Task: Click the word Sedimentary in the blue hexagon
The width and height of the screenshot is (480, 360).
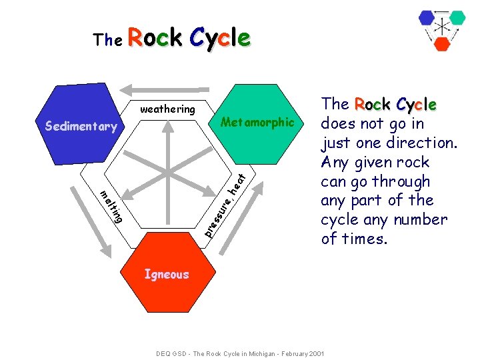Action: [x=80, y=126]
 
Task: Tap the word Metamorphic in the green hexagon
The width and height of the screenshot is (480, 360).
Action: [x=257, y=122]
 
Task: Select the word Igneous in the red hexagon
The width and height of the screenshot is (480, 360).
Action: [x=167, y=274]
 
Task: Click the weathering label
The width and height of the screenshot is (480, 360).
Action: [x=167, y=109]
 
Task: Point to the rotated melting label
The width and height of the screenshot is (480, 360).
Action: [x=111, y=206]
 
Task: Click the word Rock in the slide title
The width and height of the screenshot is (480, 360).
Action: [x=156, y=39]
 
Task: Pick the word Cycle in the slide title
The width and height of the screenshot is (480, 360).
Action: [x=220, y=39]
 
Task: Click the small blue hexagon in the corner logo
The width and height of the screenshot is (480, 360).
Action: [x=427, y=17]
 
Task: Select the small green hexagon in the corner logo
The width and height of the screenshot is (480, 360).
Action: [x=457, y=17]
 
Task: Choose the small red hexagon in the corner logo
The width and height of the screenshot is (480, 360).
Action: [x=442, y=43]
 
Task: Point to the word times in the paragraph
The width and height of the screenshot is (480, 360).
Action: [x=363, y=239]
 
